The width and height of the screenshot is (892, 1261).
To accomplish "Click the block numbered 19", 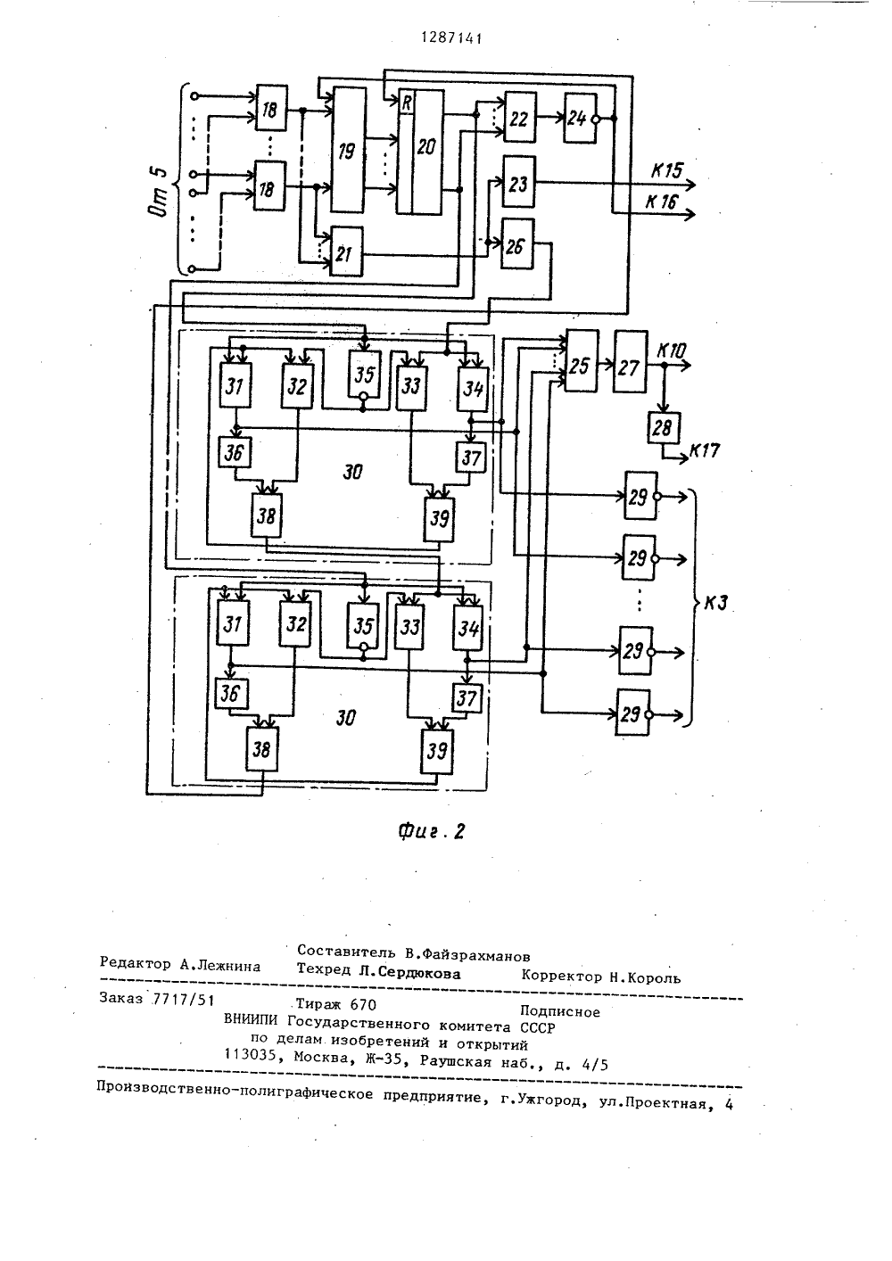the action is coord(348,150).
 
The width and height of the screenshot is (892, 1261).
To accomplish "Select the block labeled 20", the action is coord(419,152).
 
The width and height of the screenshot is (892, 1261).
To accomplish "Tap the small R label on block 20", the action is coord(406,102).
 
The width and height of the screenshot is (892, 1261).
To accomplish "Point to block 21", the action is coord(346,251).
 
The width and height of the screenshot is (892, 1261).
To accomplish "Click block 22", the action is coord(520,117).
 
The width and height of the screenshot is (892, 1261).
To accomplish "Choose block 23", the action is coord(518,183).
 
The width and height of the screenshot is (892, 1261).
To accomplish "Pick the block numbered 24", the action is coord(580,119).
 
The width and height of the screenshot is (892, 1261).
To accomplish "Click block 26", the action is coord(517,244).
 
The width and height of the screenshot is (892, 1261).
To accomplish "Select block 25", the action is coord(582,361).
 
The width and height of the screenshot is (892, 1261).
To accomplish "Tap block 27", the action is coord(631,362).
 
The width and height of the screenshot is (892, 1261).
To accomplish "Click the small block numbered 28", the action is coord(664,428).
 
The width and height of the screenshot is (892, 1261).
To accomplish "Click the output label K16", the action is coord(662,202).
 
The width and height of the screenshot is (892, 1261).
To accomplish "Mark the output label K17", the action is coord(705,451).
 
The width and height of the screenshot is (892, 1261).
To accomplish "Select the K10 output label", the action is coord(672,351).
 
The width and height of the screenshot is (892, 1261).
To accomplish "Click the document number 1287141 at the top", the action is coord(452,38).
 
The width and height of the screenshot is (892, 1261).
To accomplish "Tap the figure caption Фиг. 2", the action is coord(432,831).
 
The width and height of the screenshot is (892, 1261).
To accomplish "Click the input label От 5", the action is coord(160,193).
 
